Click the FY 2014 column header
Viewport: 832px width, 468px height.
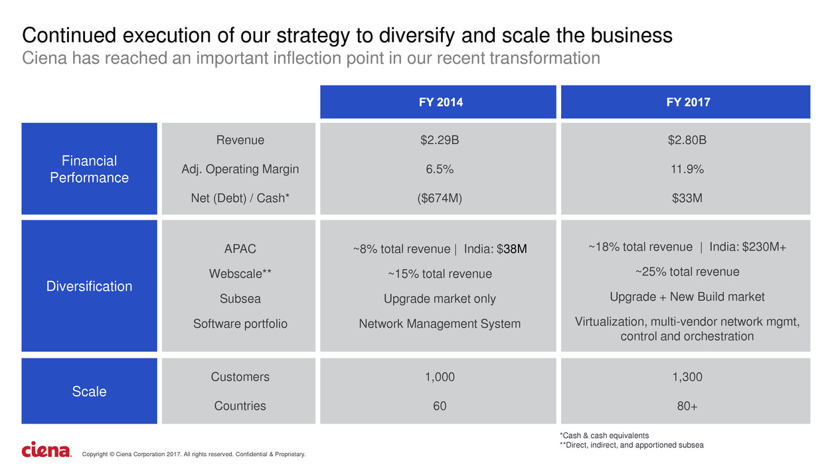(x=438, y=102)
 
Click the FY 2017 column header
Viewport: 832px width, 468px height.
(x=685, y=102)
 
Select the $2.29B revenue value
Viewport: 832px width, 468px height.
(x=439, y=140)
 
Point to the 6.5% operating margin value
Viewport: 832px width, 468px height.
(x=439, y=169)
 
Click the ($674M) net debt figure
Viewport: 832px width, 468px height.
(x=439, y=198)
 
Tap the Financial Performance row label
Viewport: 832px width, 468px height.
(x=89, y=169)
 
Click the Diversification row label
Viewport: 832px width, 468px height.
(x=89, y=286)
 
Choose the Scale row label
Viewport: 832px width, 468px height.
(x=89, y=392)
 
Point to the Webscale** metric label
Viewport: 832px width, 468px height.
(x=240, y=273)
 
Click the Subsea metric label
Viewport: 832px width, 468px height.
(x=240, y=299)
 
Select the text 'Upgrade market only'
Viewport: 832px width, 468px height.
(x=439, y=299)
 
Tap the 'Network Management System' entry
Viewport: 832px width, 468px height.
(x=439, y=324)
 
